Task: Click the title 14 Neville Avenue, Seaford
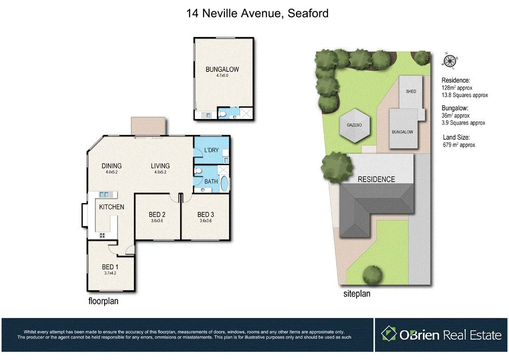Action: point(257,14)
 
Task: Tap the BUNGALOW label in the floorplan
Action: point(222,70)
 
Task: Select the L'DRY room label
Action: point(211,150)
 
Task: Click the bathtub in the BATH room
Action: point(225,185)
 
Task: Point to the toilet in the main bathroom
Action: point(198,171)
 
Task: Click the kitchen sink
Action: point(105,194)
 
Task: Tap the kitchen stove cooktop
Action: point(102,235)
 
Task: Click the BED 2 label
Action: point(158,214)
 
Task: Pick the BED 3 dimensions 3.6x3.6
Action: point(206,221)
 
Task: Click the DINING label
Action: point(111,166)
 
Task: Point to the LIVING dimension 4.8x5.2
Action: point(160,172)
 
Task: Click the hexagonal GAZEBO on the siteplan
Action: point(355,125)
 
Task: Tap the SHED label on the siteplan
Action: point(411,91)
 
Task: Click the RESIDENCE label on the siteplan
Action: point(376,179)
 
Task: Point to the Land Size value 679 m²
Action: point(459,145)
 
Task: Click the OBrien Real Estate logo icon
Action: point(388,334)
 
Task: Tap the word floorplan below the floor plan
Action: point(103,301)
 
